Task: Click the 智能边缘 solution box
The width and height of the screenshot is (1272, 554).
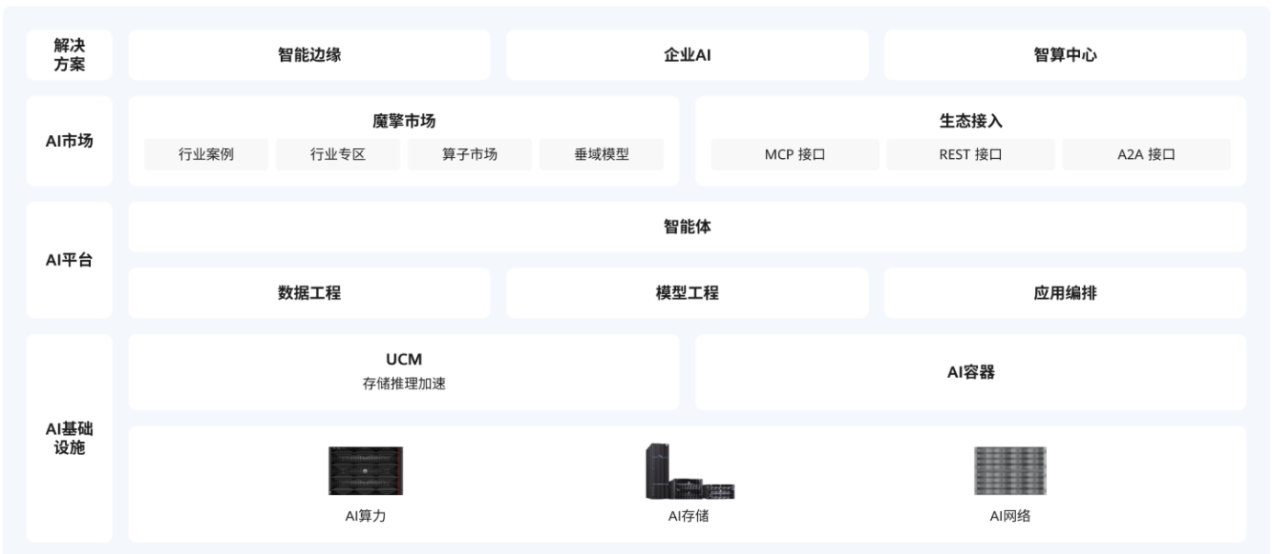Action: pyautogui.click(x=310, y=55)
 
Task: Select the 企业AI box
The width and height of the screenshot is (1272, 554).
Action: pyautogui.click(x=687, y=55)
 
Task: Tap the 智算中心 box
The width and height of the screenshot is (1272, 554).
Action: pyautogui.click(x=1065, y=55)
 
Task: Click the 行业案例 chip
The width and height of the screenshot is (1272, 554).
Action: pyautogui.click(x=206, y=154)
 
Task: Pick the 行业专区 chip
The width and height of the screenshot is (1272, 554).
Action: pyautogui.click(x=338, y=154)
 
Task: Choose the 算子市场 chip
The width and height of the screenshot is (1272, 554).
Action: pyautogui.click(x=469, y=154)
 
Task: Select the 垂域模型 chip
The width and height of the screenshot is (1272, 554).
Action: pyautogui.click(x=602, y=154)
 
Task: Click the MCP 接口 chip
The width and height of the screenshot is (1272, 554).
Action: pyautogui.click(x=794, y=154)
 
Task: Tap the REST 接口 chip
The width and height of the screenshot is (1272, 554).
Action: pyautogui.click(x=971, y=154)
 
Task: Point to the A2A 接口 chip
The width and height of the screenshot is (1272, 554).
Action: pyautogui.click(x=1146, y=154)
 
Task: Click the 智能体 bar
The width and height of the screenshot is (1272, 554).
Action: pyautogui.click(x=687, y=227)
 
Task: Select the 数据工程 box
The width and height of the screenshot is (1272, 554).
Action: pyautogui.click(x=310, y=293)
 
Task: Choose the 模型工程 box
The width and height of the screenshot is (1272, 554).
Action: pyautogui.click(x=687, y=293)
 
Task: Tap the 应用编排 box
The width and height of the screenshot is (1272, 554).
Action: pyautogui.click(x=1065, y=293)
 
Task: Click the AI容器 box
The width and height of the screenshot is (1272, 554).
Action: pyautogui.click(x=971, y=372)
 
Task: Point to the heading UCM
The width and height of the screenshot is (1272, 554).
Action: pyautogui.click(x=404, y=360)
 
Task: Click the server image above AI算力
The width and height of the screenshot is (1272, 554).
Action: pyautogui.click(x=366, y=471)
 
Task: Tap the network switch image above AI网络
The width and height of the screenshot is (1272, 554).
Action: pyautogui.click(x=1010, y=471)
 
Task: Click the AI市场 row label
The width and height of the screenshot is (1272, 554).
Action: pyautogui.click(x=70, y=141)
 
